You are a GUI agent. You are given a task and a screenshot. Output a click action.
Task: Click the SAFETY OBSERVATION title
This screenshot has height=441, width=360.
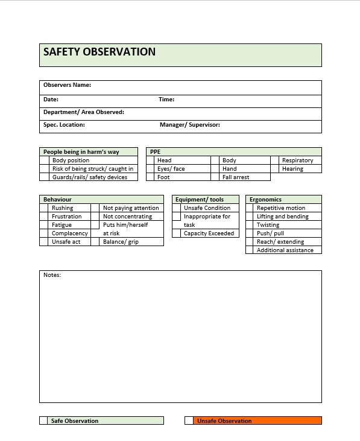tap(99, 52)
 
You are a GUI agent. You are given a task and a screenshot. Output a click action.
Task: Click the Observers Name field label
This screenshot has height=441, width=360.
tap(67, 85)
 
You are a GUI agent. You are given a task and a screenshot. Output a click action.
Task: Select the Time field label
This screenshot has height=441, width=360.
tap(166, 100)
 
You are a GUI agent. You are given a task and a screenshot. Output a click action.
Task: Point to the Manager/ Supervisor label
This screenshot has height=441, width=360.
tap(189, 125)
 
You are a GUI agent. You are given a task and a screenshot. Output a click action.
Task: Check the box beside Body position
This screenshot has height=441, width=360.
tap(45, 160)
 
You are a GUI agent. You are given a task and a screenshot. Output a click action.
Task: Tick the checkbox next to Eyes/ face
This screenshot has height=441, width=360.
tap(151, 169)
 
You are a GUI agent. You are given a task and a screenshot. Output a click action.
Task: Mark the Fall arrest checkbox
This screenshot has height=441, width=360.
tap(215, 177)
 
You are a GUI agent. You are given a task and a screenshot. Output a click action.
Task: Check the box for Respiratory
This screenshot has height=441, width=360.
tap(275, 160)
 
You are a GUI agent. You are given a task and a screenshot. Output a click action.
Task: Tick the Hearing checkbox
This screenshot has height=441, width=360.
tap(275, 169)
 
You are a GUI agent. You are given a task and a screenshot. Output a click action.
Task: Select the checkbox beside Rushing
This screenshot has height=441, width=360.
tap(44, 208)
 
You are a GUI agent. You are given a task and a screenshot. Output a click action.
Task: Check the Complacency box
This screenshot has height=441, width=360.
tap(44, 233)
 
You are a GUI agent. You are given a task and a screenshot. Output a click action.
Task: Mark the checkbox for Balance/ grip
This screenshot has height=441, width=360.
tap(95, 242)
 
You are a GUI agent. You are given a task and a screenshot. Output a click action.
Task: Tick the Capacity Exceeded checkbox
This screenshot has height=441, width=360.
tap(176, 233)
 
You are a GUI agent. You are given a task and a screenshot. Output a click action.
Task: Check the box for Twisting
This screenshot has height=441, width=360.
tap(250, 225)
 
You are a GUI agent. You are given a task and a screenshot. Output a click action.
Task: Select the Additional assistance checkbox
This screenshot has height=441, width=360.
tap(250, 250)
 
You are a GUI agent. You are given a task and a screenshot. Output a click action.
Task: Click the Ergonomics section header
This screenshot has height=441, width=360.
tap(265, 200)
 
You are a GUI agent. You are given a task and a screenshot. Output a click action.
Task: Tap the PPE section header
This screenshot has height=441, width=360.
tap(156, 152)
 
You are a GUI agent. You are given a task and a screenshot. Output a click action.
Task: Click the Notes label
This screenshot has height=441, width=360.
tap(52, 275)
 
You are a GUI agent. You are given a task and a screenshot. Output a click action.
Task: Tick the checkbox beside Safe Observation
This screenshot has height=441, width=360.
tap(43, 420)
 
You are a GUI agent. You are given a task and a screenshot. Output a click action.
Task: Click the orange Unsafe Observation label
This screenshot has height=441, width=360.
tap(224, 421)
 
